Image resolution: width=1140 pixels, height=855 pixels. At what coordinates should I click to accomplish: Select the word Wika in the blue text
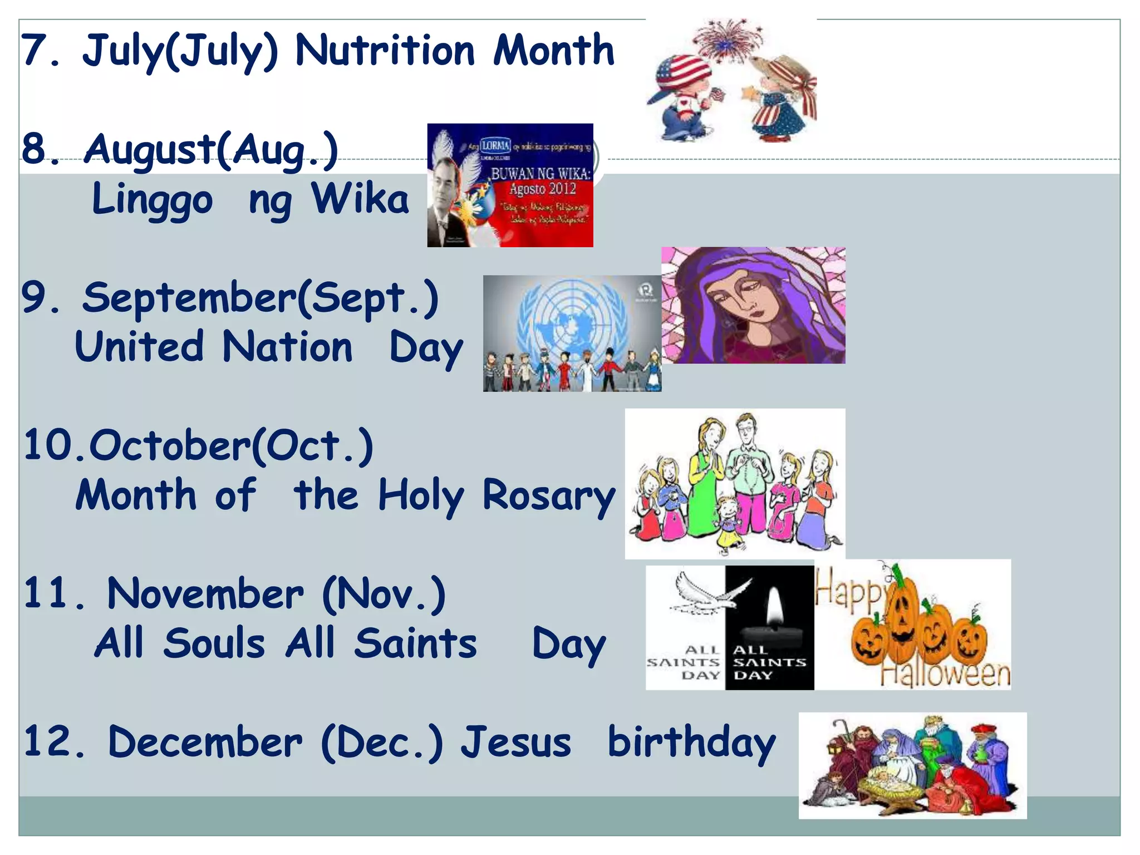360,199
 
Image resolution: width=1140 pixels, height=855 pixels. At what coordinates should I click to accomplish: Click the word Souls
214,643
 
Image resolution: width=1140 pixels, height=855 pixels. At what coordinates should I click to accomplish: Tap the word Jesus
516,742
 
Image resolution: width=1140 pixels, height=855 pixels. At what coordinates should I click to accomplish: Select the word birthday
691,743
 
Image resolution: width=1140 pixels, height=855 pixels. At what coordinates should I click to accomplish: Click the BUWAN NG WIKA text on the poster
540,174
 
